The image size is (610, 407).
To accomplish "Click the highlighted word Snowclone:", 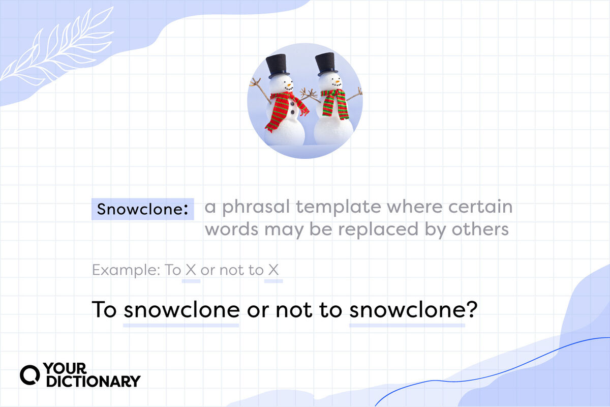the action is click(x=143, y=209).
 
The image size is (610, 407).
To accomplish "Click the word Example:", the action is click(x=126, y=270).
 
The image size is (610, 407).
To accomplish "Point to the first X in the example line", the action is click(x=191, y=270).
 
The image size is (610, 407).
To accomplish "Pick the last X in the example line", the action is click(x=273, y=270).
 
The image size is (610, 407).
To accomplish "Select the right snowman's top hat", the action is click(x=326, y=64).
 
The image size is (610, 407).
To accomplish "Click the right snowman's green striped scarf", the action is click(x=335, y=104).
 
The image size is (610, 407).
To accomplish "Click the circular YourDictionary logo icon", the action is click(x=29, y=375).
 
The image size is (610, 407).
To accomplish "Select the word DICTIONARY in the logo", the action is click(x=94, y=381).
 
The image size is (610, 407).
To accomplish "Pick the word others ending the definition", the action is click(x=480, y=229).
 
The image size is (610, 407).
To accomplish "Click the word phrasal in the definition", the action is click(x=256, y=207).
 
